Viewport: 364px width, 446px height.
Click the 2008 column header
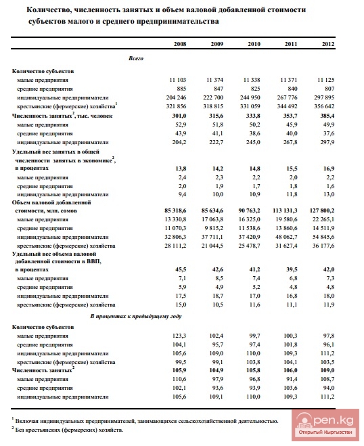tap(180, 44)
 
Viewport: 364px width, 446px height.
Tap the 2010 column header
tap(254, 44)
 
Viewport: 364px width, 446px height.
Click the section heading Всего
tap(135, 60)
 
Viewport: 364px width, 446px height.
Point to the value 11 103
tap(175, 80)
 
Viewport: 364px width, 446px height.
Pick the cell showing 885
tap(179, 89)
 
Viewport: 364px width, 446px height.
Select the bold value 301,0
tap(177, 116)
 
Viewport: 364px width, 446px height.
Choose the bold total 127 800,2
tap(319, 210)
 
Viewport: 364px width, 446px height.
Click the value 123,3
tap(178, 336)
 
